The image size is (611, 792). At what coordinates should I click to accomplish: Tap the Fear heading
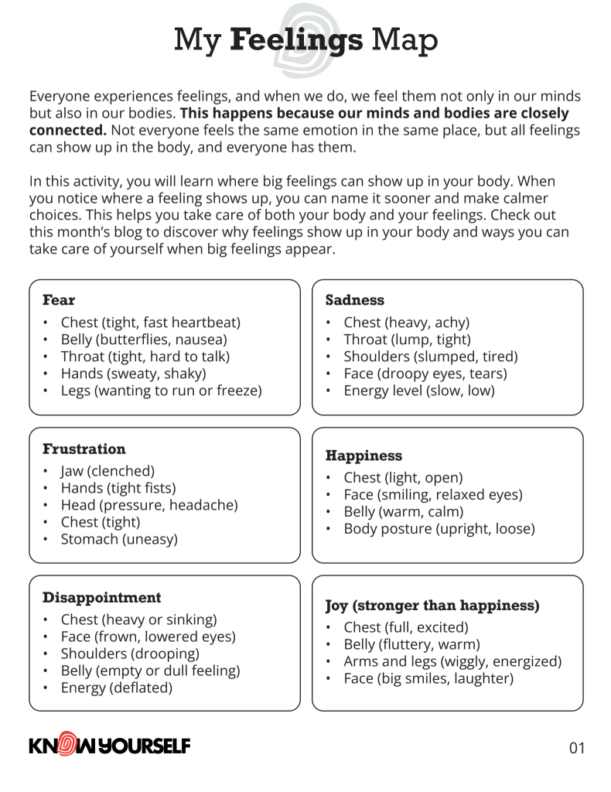pos(59,299)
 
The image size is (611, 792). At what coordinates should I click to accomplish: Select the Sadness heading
pos(354,299)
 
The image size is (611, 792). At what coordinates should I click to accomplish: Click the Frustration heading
pos(84,449)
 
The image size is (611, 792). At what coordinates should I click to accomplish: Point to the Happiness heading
pos(364,456)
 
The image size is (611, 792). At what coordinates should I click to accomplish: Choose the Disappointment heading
pos(101,597)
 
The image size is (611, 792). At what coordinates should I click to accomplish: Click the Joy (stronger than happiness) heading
pos(432,605)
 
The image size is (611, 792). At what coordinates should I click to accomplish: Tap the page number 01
pos(577,748)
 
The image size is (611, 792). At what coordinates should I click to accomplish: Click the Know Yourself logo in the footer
pos(109,746)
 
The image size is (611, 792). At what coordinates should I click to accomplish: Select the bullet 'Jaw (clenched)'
pos(108,471)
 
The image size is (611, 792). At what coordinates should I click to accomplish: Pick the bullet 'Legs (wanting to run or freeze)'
pos(161,391)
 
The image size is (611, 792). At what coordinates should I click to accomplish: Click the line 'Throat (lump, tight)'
pos(407,340)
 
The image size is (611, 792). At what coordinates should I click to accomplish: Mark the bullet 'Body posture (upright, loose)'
pos(439,529)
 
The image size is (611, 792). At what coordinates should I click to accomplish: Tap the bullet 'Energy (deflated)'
pos(116,688)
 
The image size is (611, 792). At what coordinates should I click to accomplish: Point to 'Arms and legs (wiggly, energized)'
pos(452,661)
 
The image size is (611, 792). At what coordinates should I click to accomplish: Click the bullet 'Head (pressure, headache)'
pos(149,505)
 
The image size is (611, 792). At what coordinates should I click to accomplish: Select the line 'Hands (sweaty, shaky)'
pos(133,374)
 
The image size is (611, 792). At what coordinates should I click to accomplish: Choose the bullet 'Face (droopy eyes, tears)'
pos(425,374)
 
